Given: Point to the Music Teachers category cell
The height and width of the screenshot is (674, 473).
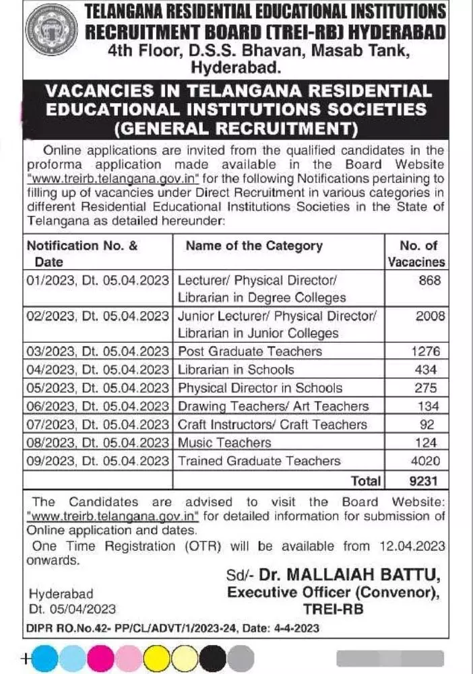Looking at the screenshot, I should tap(224, 443).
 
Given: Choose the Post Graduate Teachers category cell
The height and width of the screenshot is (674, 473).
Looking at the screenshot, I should tap(250, 351).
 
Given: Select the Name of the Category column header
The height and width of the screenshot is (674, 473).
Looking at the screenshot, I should tap(254, 246).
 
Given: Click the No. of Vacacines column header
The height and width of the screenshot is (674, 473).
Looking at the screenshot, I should tap(417, 254).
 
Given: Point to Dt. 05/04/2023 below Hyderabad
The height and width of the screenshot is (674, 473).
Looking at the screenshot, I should tap(72, 609).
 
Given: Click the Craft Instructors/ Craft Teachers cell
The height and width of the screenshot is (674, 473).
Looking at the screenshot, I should tap(273, 425).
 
